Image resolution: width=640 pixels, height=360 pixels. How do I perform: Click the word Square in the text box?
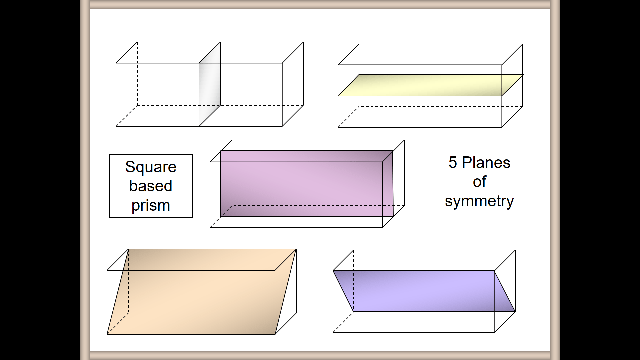pyautogui.click(x=151, y=167)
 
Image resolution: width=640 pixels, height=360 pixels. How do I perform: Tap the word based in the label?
pyautogui.click(x=151, y=186)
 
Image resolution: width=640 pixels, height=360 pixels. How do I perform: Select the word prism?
pyautogui.click(x=151, y=205)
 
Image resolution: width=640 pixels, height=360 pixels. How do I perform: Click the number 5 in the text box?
pyautogui.click(x=452, y=163)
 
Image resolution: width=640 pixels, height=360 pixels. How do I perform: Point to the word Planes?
pyautogui.click(x=486, y=163)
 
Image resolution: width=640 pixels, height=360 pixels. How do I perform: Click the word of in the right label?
pyautogui.click(x=479, y=182)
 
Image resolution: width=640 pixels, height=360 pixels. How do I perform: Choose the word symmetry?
pyautogui.click(x=479, y=201)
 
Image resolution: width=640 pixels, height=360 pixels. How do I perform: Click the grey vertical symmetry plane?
pyautogui.click(x=210, y=84)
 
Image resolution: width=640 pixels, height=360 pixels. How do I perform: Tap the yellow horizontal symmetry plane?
pyautogui.click(x=430, y=85)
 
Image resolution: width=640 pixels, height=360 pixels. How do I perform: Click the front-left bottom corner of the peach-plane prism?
pyautogui.click(x=107, y=334)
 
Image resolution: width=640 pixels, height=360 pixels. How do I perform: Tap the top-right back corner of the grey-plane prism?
pyautogui.click(x=303, y=42)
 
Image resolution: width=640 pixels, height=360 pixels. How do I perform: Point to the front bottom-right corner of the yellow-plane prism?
pyautogui.click(x=502, y=127)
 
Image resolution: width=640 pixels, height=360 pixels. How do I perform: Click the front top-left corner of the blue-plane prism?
pyautogui.click(x=333, y=271)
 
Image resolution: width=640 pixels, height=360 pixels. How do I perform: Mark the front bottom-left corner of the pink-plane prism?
pyautogui.click(x=210, y=228)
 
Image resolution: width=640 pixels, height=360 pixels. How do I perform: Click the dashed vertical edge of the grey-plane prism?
pyautogui.click(x=137, y=73)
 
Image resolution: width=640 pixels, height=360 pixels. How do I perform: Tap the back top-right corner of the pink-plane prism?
pyautogui.click(x=404, y=140)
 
